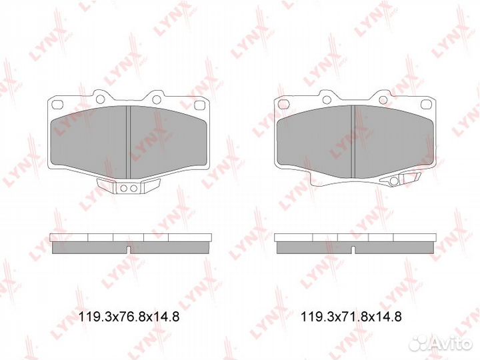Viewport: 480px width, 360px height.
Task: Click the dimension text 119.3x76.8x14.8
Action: click(x=128, y=317)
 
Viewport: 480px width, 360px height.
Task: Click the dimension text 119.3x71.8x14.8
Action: click(x=351, y=317)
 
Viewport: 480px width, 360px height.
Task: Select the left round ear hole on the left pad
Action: click(x=100, y=99)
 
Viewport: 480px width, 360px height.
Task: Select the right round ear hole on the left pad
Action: click(x=157, y=99)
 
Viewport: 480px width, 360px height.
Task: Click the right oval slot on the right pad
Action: click(x=424, y=103)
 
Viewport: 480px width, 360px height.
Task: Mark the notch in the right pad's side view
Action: click(x=353, y=250)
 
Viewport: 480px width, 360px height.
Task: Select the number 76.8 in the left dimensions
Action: click(x=129, y=317)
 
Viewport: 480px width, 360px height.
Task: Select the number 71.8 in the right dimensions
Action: click(x=352, y=317)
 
